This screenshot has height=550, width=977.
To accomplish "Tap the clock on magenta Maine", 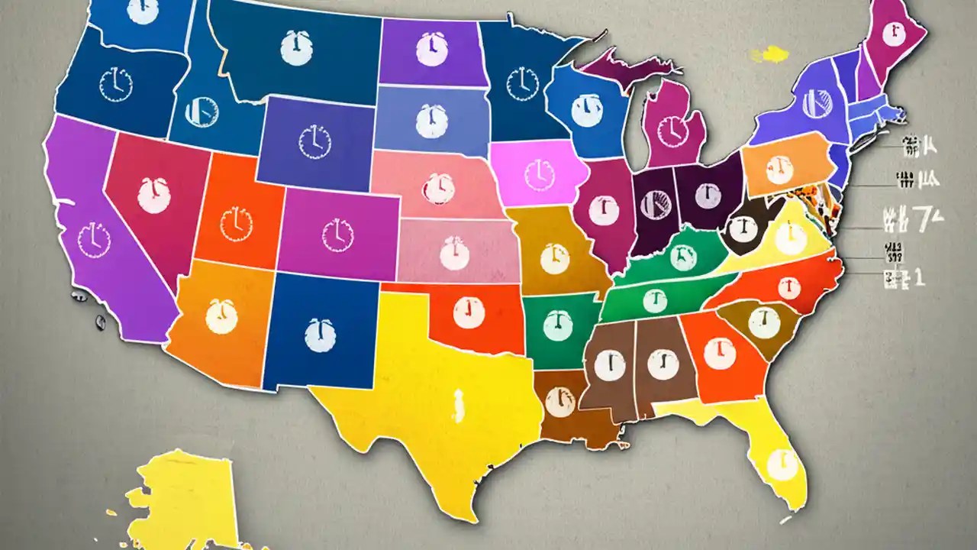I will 889,34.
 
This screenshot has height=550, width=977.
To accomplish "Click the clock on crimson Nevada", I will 153,194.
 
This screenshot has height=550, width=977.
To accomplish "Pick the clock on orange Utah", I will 236,222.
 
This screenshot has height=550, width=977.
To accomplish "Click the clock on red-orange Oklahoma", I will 466,312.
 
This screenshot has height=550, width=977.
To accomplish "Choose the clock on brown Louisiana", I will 561,402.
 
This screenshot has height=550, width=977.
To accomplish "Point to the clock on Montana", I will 296,47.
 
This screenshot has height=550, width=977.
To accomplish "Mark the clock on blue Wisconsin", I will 584,111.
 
